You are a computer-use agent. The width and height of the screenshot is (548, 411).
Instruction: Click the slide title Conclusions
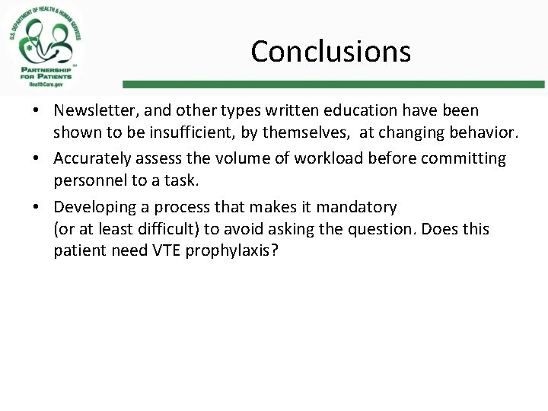(330, 51)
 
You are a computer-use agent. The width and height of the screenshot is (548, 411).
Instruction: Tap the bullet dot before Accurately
(36, 159)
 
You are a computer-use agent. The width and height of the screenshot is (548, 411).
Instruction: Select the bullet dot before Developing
(36, 208)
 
